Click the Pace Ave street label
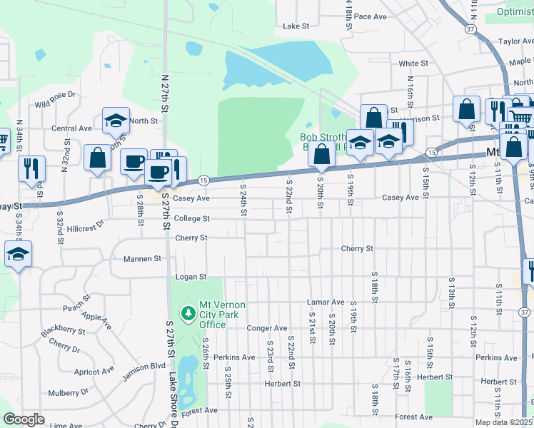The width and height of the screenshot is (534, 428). coord(370,16)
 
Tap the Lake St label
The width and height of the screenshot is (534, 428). coord(296,26)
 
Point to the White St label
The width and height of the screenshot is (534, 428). coord(413,63)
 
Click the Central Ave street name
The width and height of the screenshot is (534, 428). coord(71,128)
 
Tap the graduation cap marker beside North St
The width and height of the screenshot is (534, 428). coord(115,121)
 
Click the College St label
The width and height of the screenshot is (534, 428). coord(192,218)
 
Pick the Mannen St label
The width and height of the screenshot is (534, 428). coord(142,259)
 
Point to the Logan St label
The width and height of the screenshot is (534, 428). coord(191,276)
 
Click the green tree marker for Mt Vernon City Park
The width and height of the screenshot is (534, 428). coord(188,313)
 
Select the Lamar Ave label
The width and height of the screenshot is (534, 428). coord(326,302)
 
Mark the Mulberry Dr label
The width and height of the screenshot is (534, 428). coord(69,392)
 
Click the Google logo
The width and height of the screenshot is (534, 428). coord(24,419)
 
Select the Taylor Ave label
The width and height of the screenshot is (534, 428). coord(515,42)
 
